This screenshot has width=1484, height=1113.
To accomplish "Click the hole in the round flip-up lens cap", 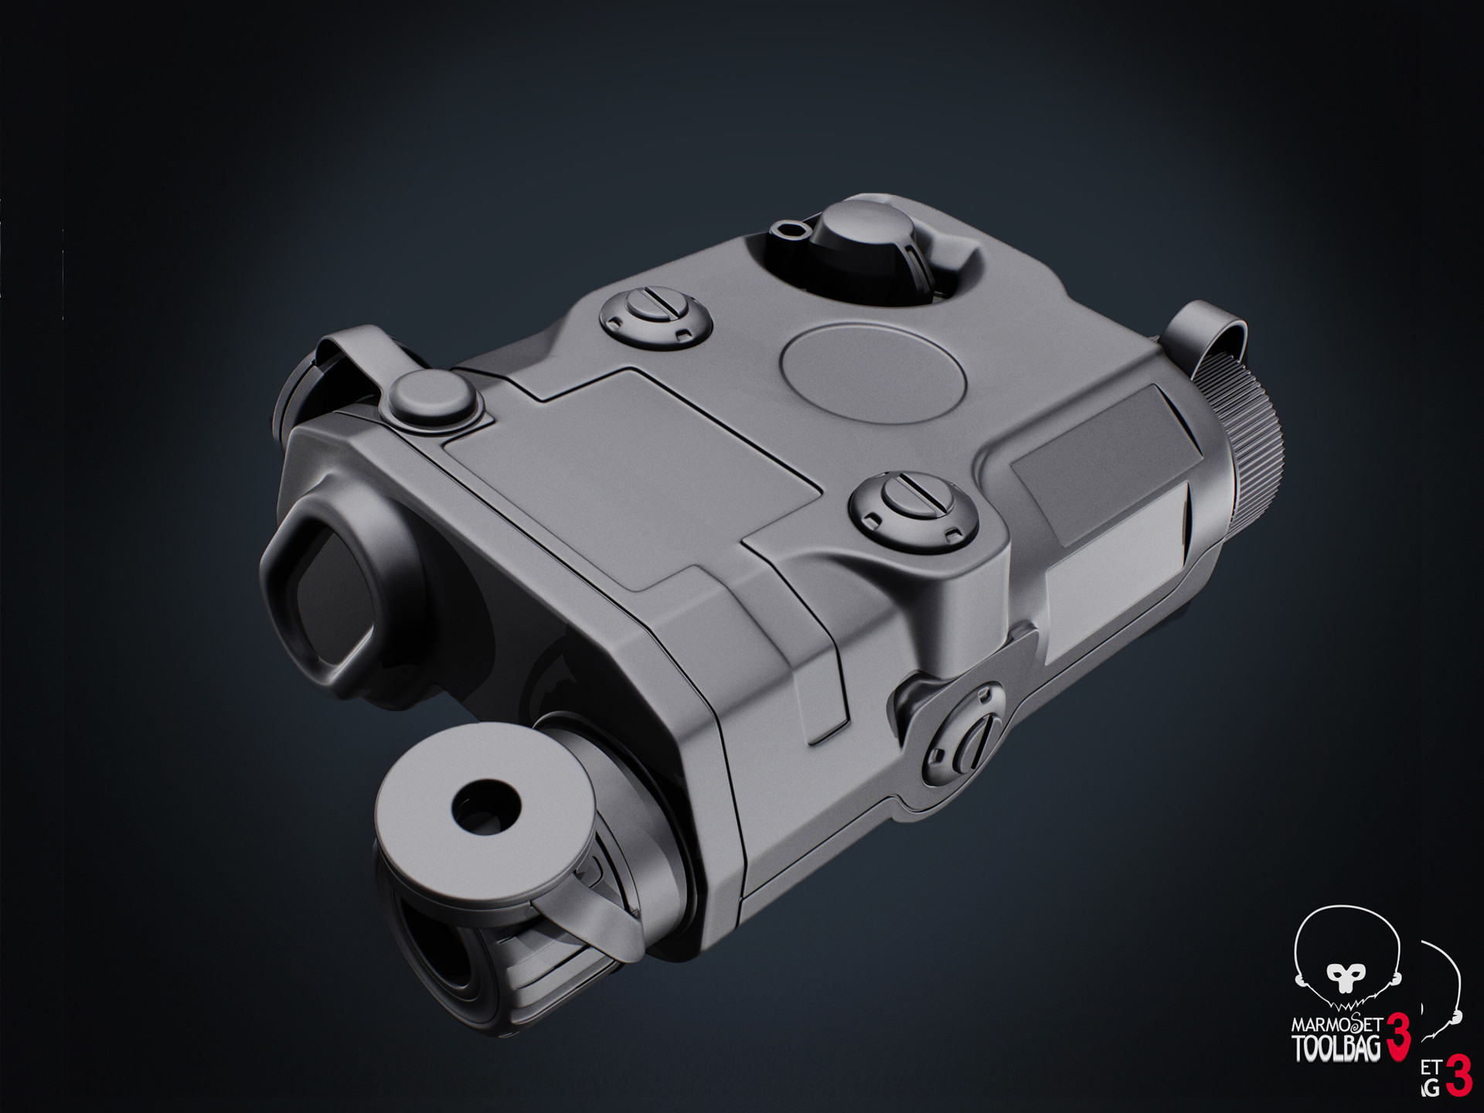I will [485, 807].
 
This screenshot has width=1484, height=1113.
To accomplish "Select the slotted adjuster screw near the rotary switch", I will [656, 315].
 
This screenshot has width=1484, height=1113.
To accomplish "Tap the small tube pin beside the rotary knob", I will [786, 227].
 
